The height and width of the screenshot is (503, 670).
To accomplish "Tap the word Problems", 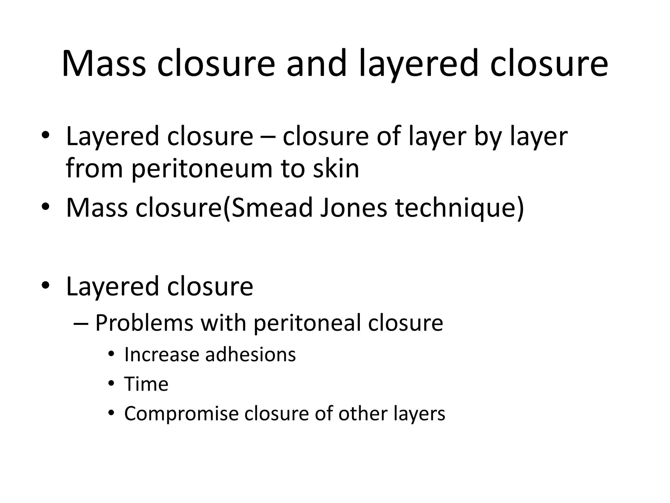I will [x=144, y=323].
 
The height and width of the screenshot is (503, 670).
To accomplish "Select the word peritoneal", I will [x=307, y=323].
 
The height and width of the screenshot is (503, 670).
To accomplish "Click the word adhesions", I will [x=250, y=355].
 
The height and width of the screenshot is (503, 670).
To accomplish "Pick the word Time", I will [x=146, y=384].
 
